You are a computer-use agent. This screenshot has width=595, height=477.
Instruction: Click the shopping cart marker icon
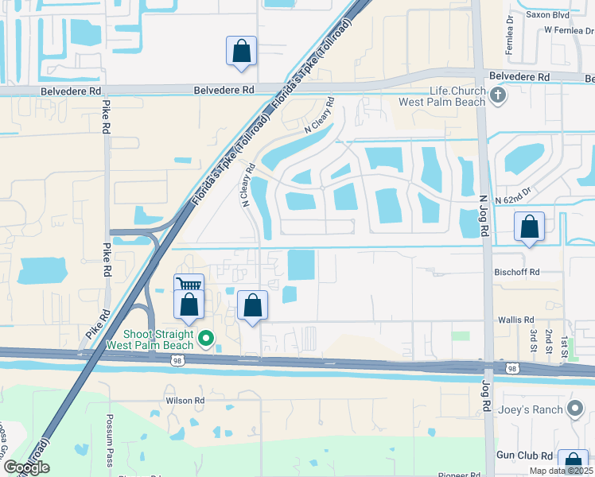(189, 285)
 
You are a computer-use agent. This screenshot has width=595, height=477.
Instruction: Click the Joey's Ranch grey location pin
(577, 409)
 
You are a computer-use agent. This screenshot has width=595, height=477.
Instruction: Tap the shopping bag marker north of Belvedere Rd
(241, 52)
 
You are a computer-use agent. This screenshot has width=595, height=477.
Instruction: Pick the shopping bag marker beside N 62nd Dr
(529, 227)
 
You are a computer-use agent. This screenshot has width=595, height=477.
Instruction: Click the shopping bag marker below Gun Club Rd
(573, 463)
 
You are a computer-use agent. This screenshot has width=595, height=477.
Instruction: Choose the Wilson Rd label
(185, 401)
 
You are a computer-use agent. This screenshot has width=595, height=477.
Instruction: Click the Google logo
(26, 467)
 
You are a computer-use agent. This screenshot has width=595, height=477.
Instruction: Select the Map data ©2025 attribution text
(560, 471)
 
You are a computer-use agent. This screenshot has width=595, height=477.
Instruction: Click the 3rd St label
(533, 338)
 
